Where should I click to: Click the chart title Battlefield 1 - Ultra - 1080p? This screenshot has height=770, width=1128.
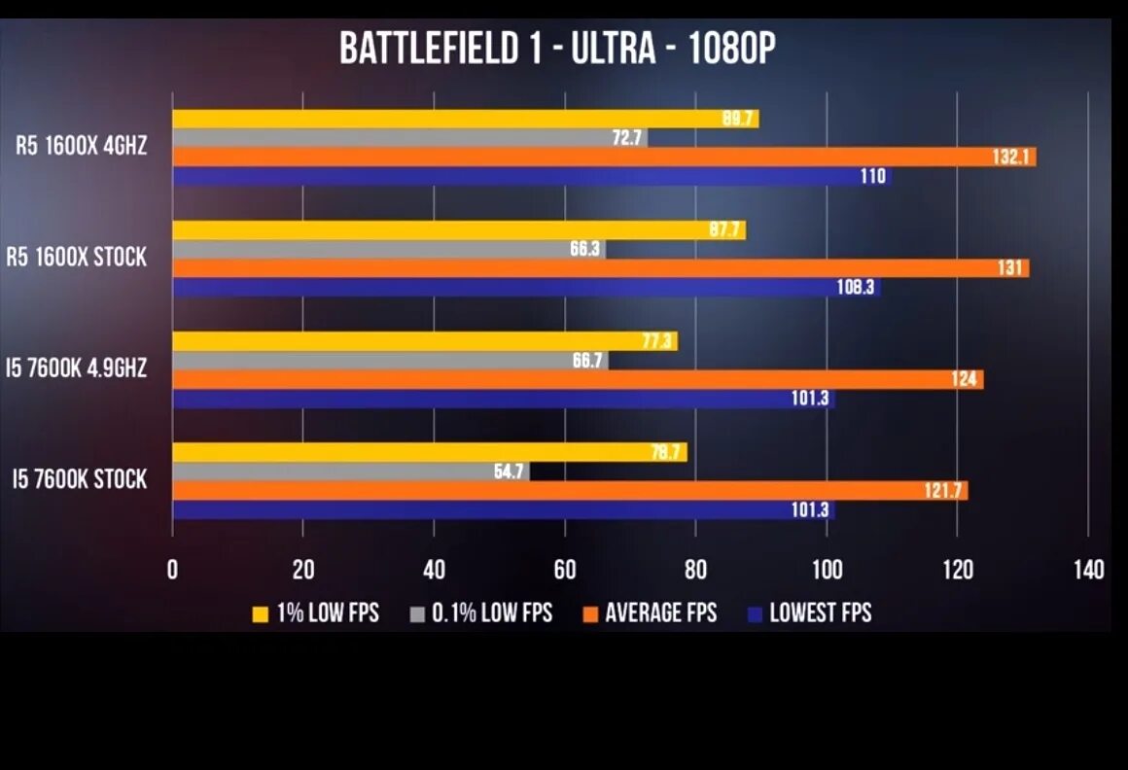point(557,49)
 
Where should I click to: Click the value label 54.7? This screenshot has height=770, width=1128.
point(507,472)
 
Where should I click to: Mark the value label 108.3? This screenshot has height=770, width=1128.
point(856,288)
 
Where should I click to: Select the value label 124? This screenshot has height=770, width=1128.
point(965,379)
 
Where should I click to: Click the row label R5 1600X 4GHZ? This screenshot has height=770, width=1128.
point(81,147)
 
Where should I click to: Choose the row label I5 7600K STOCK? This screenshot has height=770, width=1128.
point(80,479)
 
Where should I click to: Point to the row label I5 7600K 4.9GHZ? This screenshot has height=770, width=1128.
point(76,368)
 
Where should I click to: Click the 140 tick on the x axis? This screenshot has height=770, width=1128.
point(1087,570)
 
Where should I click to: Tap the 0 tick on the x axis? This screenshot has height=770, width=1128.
point(172,570)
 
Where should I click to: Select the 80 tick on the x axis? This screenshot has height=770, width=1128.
point(694,570)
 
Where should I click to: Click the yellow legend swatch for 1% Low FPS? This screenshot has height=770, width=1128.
point(260,613)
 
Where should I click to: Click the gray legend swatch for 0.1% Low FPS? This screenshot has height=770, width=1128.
point(418,613)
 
